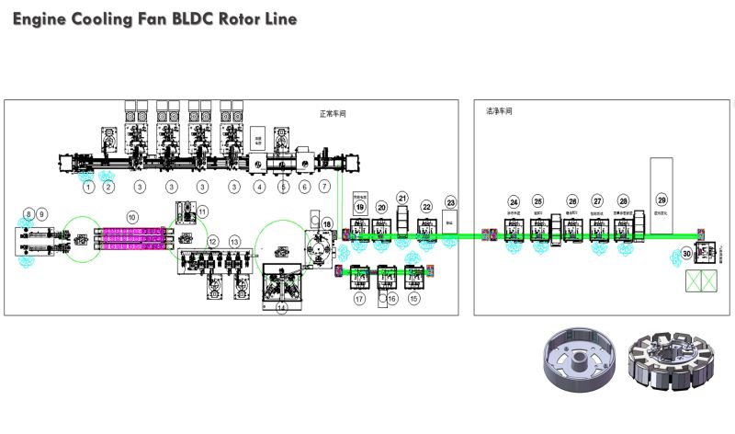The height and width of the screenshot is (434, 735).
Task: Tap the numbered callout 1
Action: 88,187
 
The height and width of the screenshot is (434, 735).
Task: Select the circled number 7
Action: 324,187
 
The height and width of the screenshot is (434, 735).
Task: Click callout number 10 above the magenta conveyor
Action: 132,216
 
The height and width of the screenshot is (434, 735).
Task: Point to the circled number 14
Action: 282,308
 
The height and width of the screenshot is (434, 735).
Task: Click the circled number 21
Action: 401,198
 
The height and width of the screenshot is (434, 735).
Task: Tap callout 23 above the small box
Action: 450,201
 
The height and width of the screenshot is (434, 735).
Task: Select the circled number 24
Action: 514,201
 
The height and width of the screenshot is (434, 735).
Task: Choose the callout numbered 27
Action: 597,201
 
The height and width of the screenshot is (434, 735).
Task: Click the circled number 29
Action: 661,200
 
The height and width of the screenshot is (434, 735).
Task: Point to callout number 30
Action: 686,253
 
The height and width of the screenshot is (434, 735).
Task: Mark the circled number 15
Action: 413,298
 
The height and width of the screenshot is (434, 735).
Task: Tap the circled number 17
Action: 359,298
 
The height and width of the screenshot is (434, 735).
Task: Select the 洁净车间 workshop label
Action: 499,110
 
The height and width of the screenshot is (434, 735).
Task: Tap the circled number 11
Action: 203,211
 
